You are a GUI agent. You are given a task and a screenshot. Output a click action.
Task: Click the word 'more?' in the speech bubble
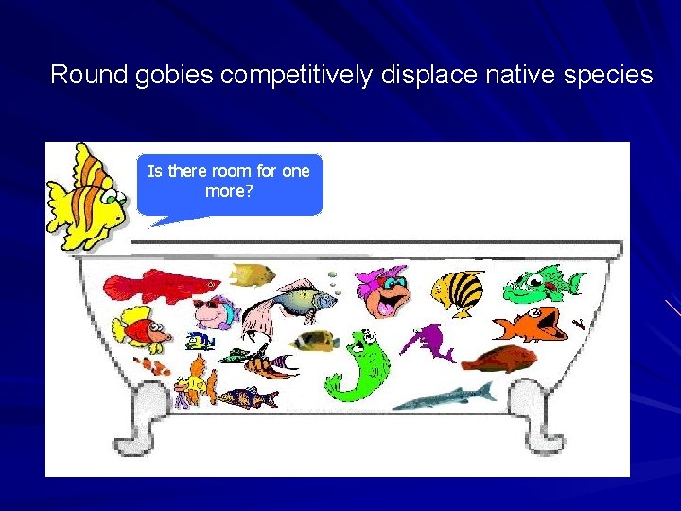pyautogui.click(x=229, y=190)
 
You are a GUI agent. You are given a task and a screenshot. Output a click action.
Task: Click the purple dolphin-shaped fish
pyautogui.click(x=428, y=342)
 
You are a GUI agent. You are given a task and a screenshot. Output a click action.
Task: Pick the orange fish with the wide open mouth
pyautogui.click(x=530, y=325)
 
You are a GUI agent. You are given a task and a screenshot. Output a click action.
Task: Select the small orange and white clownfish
pyautogui.click(x=151, y=365)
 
